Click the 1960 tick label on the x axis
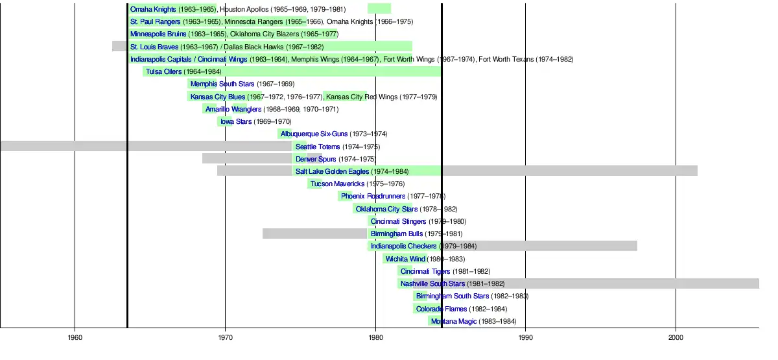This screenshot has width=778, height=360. (x=75, y=337)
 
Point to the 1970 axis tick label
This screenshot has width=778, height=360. (x=225, y=337)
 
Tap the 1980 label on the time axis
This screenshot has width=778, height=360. (x=375, y=337)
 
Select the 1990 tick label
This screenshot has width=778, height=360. (x=526, y=337)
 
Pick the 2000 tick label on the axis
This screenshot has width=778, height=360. (x=676, y=337)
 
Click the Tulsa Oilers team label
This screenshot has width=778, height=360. (x=163, y=71)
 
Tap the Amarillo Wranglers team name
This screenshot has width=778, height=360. (x=233, y=109)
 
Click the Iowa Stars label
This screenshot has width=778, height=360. (x=236, y=121)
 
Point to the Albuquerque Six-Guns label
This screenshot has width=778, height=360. (x=314, y=134)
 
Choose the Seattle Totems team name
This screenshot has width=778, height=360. (x=318, y=147)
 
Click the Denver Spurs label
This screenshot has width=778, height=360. (x=316, y=159)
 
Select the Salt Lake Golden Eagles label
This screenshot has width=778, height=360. (x=332, y=171)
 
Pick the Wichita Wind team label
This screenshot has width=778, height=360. (x=405, y=259)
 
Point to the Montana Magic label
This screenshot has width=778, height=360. (x=454, y=322)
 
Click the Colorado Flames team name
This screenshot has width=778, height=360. (x=442, y=309)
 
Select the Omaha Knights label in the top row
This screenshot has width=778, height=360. (x=153, y=9)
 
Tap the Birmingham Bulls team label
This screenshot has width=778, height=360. (x=397, y=234)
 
